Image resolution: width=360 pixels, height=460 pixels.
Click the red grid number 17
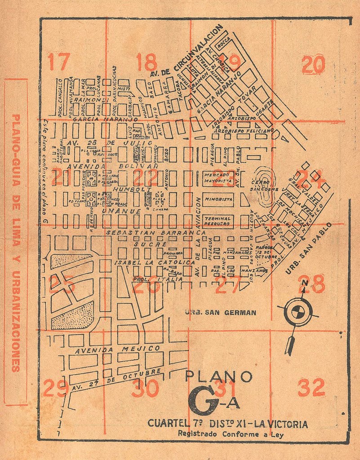[59, 62]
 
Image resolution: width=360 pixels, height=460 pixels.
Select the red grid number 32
[311, 388]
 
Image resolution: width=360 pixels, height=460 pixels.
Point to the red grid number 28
[311, 284]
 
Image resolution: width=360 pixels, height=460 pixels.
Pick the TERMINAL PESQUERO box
[218, 221]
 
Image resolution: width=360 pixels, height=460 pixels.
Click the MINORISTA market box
[218, 199]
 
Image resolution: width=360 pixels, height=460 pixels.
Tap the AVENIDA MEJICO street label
[118, 349]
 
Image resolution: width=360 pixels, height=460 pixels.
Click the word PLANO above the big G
[218, 376]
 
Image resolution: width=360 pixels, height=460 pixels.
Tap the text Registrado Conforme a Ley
[231, 434]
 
